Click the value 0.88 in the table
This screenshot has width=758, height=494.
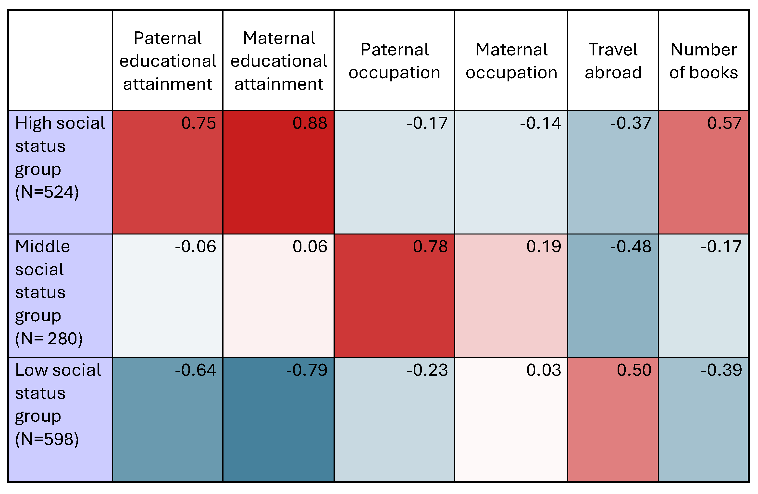point(310,123)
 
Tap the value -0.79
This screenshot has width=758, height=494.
point(307,370)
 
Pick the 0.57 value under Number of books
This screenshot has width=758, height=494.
point(725,123)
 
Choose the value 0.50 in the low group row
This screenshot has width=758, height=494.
point(634,370)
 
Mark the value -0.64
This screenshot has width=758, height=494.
point(196,370)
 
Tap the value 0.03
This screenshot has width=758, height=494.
point(544,370)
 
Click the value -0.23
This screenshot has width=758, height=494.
point(427,370)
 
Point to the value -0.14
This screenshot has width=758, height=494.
point(540,123)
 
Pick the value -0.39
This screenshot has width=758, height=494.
point(721,370)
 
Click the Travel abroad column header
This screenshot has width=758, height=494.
point(613,61)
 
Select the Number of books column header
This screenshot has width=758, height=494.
point(704,61)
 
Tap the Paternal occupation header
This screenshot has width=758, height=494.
point(394,61)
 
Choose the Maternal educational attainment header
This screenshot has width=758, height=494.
point(279,61)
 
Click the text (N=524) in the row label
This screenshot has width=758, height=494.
point(47,192)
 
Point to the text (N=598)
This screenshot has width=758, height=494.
point(47,439)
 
